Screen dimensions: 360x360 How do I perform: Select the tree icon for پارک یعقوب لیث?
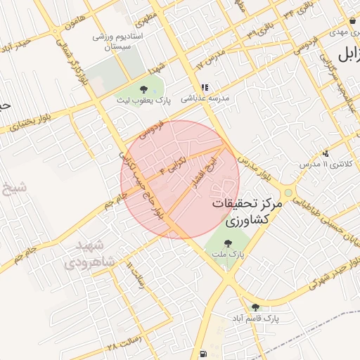(144, 89)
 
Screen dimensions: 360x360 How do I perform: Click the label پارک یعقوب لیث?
(143, 101)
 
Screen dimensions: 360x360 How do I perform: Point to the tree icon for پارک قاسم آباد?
(255, 307)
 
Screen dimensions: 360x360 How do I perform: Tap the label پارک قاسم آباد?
(253, 319)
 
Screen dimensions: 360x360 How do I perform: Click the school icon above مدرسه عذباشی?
(205, 88)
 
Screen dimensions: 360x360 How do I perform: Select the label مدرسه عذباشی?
(204, 99)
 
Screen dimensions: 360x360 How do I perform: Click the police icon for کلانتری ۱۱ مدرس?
(325, 153)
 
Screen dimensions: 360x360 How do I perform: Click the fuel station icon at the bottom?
(202, 354)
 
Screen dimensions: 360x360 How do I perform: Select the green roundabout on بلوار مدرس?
(288, 193)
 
